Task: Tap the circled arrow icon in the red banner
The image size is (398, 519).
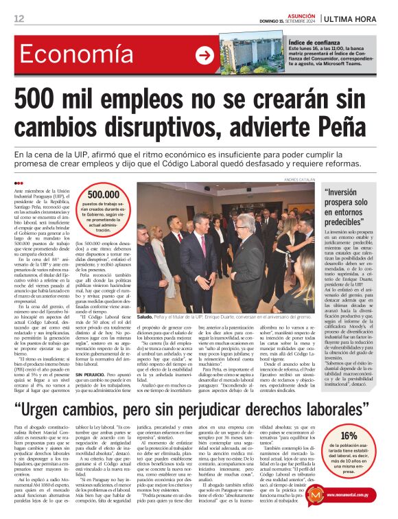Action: [204, 55]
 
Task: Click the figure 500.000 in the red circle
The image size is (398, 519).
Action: [103, 195]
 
